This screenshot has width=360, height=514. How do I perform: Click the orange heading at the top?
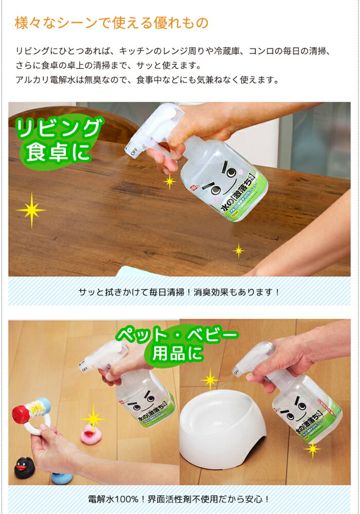pyautogui.click(x=112, y=23)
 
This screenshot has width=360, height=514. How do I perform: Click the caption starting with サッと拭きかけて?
pyautogui.click(x=179, y=291)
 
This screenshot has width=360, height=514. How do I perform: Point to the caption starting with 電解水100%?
pyautogui.click(x=179, y=499)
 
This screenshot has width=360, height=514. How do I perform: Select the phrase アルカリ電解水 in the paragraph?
pyautogui.click(x=43, y=80)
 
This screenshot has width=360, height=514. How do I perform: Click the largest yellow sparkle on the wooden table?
pyautogui.click(x=31, y=210)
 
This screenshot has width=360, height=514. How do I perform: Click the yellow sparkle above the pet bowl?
pyautogui.click(x=210, y=380)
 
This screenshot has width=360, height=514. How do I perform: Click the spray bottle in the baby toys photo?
pyautogui.click(x=139, y=391)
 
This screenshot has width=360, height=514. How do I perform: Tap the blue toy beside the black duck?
pyautogui.click(x=62, y=477)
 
